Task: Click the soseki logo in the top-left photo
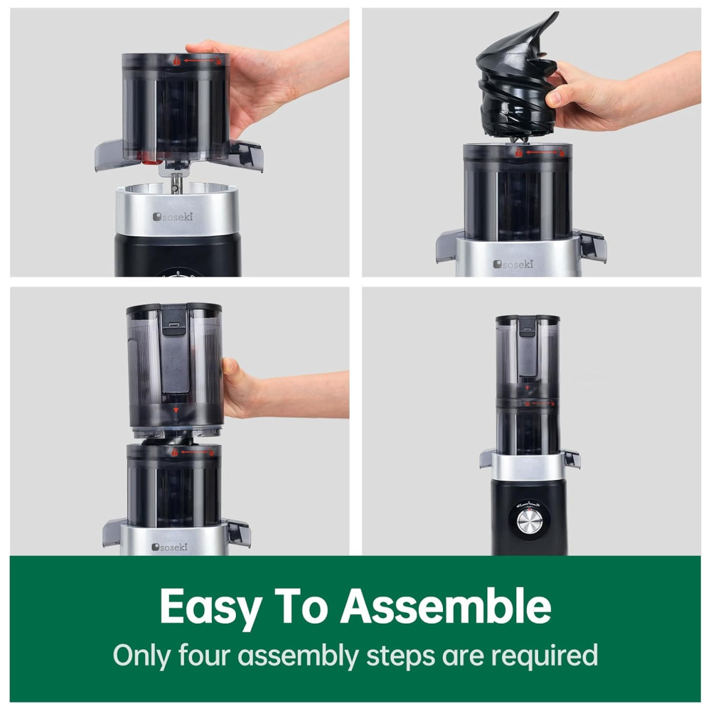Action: [x=173, y=217]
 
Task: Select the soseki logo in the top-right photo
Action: [x=513, y=264]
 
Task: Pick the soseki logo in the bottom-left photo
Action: [x=170, y=547]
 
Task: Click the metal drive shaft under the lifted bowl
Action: [x=176, y=182]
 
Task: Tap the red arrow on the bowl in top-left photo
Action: [x=199, y=60]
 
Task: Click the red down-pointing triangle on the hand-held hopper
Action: [x=176, y=410]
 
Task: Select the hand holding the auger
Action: [x=621, y=94]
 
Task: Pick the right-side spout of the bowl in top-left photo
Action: [x=245, y=154]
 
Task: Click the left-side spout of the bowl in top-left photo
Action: [x=109, y=155]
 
